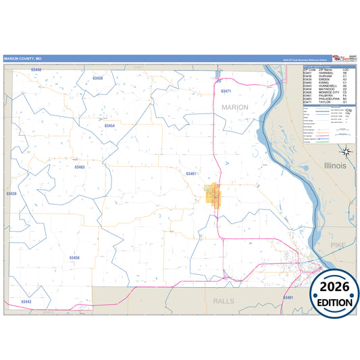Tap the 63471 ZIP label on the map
click(x=226, y=91)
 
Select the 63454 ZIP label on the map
click(x=109, y=126)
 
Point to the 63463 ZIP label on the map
click(x=80, y=167)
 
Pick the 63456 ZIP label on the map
click(x=74, y=258)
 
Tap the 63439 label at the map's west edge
click(x=11, y=194)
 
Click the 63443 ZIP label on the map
click(x=26, y=301)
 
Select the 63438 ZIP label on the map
click(x=97, y=79)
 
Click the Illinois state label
click(x=335, y=165)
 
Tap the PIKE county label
click(x=338, y=242)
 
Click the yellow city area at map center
click(x=213, y=196)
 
